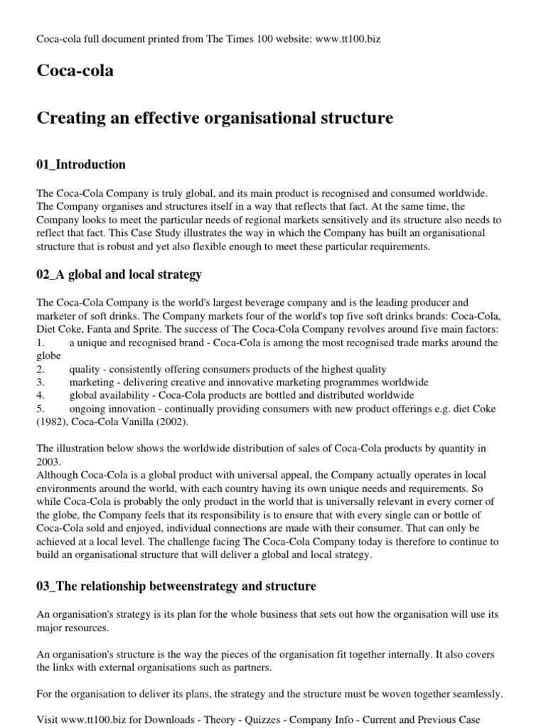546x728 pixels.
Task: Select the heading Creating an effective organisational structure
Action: coord(214,117)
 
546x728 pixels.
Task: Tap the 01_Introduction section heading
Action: coord(80,165)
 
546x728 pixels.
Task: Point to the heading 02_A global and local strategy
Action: coord(119,274)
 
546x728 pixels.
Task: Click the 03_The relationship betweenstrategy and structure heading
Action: coord(176,587)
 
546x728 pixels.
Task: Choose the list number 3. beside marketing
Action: coord(41,382)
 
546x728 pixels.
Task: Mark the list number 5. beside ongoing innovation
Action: coord(41,408)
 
